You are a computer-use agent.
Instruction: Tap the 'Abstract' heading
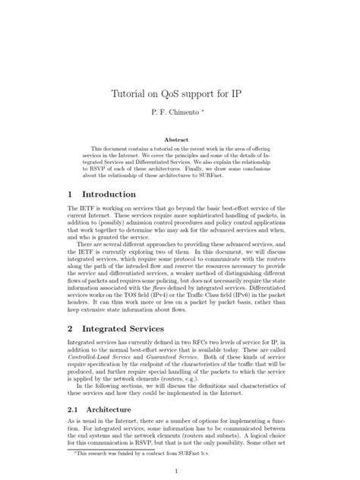click(180, 140)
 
